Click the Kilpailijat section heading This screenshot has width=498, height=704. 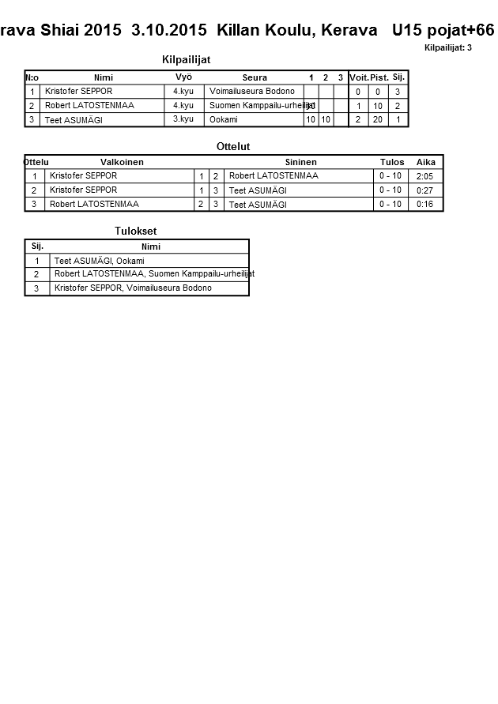pos(186,60)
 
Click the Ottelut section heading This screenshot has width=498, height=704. pos(233,147)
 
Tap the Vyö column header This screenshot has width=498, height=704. pos(183,77)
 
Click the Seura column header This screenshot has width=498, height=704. pos(255,77)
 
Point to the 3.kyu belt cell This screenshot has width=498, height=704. pos(183,119)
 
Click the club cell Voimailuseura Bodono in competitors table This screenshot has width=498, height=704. pos(251,92)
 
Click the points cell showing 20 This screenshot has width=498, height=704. pos(378,120)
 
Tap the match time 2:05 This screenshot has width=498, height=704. pos(424,176)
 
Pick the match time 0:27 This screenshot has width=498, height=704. pos(424,190)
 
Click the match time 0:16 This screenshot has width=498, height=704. pos(424,205)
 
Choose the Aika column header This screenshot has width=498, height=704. pos(426,162)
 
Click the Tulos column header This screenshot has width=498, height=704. pos(392,162)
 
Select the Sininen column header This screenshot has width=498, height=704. pos(300,162)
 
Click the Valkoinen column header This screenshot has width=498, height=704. pos(122,162)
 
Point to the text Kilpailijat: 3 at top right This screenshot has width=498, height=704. pos(448,48)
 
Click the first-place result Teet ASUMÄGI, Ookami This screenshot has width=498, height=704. pos(99,261)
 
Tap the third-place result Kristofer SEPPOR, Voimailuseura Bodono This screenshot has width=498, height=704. pos(133,288)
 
